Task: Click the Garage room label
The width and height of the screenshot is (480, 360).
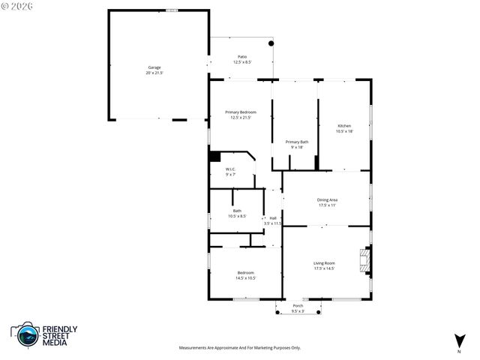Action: pos(154,67)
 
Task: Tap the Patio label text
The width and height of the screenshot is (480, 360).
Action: pos(242,57)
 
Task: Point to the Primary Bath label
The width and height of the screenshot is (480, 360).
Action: pos(296,142)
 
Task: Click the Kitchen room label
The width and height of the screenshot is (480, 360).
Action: pos(344,125)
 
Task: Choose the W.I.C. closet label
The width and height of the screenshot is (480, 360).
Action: pos(231,169)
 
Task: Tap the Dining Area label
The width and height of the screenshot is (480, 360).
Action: pos(328,199)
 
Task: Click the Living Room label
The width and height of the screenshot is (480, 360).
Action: pos(324,263)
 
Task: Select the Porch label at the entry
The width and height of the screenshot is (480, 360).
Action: pos(298,306)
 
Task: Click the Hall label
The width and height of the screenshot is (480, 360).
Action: pos(273,218)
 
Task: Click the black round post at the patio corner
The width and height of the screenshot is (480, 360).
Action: pos(271,43)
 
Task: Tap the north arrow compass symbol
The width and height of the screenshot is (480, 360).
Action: pos(458,341)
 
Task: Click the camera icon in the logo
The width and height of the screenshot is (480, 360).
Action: pos(28,335)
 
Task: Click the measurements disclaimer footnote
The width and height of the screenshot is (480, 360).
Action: pos(239,348)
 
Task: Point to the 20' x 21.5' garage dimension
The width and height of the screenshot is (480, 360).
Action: pos(154,73)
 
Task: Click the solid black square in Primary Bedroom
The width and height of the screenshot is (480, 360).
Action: pos(214,157)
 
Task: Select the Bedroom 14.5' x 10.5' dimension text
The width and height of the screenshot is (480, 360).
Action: pos(246,277)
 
